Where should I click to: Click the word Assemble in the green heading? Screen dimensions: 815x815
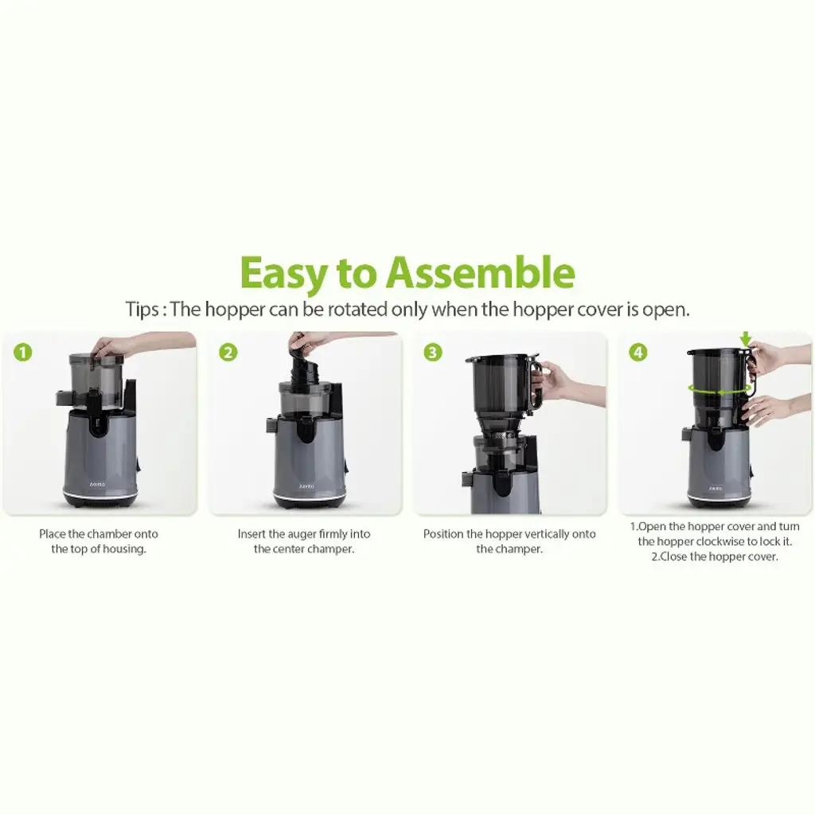click(x=480, y=273)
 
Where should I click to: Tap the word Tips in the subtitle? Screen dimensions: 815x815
click(x=142, y=310)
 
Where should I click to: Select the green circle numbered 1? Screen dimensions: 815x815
click(x=23, y=353)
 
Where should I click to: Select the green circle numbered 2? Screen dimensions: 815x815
click(x=228, y=353)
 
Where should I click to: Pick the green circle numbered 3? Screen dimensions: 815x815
click(x=432, y=353)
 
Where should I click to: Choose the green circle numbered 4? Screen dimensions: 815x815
click(x=638, y=353)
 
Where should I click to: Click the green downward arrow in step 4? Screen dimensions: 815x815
click(x=746, y=339)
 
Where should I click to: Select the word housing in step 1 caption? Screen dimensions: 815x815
click(x=125, y=549)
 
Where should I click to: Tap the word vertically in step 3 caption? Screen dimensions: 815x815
click(x=528, y=534)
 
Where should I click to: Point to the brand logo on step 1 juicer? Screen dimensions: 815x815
click(x=97, y=484)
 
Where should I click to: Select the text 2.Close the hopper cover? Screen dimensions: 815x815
click(x=715, y=556)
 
